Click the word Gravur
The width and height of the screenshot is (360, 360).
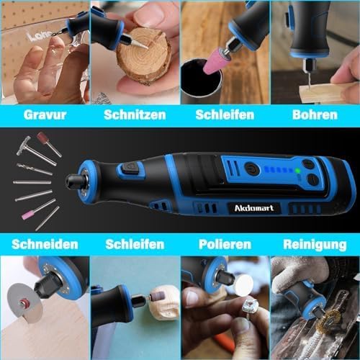click(45, 114)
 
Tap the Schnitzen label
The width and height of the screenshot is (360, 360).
click(135, 114)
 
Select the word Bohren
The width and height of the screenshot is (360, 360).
click(315, 114)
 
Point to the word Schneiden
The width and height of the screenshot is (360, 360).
click(45, 244)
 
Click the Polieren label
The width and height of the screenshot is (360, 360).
click(225, 244)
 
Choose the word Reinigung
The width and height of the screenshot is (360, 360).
click(315, 245)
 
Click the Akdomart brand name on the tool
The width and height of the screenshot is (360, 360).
click(254, 208)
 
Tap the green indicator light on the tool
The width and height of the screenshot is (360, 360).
click(297, 171)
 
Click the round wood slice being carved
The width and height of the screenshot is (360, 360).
click(143, 56)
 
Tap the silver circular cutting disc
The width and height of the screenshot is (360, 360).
click(24, 303)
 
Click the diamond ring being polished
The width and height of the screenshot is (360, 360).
click(250, 308)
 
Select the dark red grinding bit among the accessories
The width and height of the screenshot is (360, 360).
click(43, 138)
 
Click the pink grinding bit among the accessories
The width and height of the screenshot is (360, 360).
click(28, 215)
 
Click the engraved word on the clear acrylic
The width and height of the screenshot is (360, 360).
click(39, 36)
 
